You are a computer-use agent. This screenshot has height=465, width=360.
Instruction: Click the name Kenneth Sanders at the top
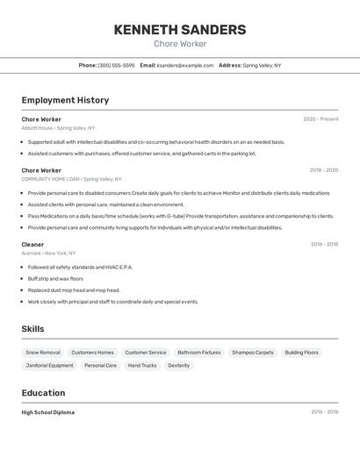(x=180, y=30)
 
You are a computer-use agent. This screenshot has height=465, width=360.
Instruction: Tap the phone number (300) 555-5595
(x=116, y=65)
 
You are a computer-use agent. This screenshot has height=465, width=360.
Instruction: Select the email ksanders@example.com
(x=185, y=65)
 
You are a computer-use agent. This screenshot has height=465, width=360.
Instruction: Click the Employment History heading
(x=65, y=100)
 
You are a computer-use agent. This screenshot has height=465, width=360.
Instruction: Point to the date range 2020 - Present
(x=320, y=119)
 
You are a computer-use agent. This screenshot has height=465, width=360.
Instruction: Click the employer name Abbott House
(x=38, y=128)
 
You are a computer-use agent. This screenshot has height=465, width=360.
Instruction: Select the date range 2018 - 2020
(x=323, y=170)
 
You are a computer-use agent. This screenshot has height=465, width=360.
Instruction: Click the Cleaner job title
(x=32, y=245)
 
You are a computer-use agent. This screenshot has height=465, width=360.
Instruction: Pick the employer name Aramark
(x=32, y=254)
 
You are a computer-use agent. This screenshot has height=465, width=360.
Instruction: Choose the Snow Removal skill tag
(x=43, y=353)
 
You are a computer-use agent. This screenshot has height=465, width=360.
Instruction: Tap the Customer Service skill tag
(x=145, y=353)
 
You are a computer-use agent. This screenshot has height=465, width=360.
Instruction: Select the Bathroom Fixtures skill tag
(x=198, y=353)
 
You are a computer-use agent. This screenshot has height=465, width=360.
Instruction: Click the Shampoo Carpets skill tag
(x=253, y=353)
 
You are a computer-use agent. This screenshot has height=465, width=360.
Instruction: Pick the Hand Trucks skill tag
(x=142, y=366)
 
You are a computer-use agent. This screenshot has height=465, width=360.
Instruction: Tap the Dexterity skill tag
(x=178, y=366)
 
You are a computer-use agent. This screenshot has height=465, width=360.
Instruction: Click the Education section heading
(x=43, y=393)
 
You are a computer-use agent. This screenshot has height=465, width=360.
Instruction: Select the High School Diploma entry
(x=48, y=412)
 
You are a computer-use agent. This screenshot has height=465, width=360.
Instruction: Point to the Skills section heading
(x=33, y=329)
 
